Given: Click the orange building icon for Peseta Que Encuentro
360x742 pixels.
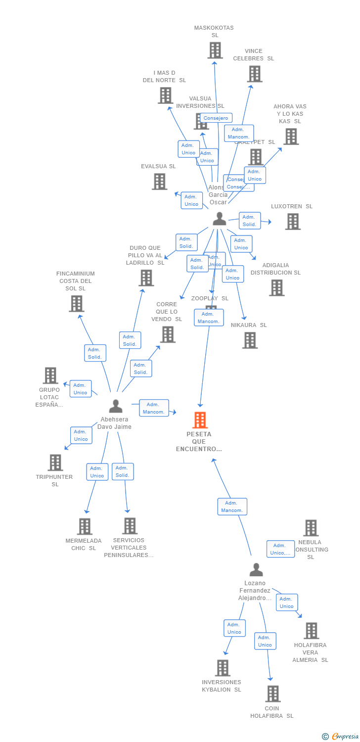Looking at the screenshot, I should [x=200, y=420].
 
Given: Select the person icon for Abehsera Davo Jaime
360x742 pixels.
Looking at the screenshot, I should [x=115, y=406].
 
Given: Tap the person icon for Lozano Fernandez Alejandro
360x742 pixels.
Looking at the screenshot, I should [x=256, y=570].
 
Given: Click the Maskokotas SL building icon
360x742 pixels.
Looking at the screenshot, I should [x=215, y=50].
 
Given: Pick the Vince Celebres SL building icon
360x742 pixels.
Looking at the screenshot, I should [x=254, y=74].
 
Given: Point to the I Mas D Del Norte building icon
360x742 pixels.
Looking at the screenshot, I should [x=165, y=95].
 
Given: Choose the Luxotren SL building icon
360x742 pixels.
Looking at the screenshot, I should [x=293, y=222].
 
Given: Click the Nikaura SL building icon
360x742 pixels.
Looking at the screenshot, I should [x=250, y=340].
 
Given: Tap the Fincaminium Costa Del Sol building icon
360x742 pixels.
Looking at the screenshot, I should [x=76, y=303].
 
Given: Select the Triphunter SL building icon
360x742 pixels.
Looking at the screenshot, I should [x=55, y=463].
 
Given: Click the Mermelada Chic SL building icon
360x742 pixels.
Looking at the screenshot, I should [x=85, y=526].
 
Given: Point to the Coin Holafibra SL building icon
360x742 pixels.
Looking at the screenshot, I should [x=272, y=694].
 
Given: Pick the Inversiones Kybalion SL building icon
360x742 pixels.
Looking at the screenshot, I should [x=223, y=668].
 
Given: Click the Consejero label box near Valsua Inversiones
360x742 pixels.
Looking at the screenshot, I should [x=216, y=118].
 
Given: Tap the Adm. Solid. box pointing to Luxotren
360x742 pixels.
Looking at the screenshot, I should [x=249, y=221].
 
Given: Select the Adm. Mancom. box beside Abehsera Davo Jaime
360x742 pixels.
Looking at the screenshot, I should [x=154, y=408].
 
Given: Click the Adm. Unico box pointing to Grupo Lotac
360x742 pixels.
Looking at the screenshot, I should [x=80, y=389].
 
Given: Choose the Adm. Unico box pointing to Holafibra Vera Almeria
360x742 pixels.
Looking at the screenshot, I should [x=287, y=603].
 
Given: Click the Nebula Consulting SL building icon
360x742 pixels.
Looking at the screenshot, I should [x=311, y=528].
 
